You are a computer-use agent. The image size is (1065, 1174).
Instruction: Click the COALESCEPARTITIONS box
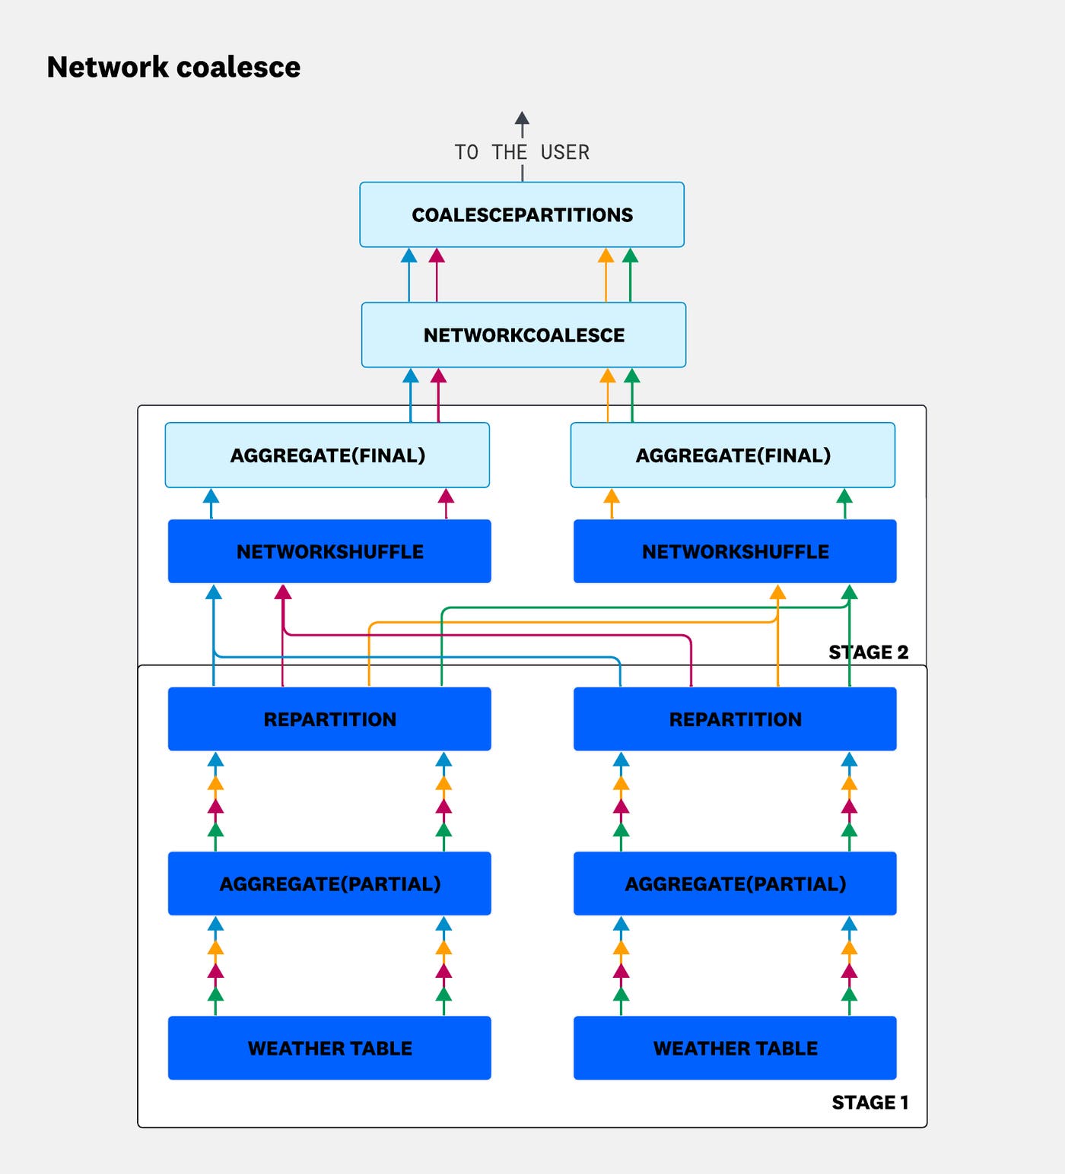tap(522, 214)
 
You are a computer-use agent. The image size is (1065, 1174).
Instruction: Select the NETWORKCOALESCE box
tap(523, 335)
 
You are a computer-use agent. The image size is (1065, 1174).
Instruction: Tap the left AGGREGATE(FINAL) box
tap(327, 455)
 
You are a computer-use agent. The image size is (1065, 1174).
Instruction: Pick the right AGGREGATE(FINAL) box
tap(733, 455)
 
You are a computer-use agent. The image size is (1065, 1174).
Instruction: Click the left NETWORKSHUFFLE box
tap(329, 551)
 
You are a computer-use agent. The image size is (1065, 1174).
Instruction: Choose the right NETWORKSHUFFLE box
tap(735, 551)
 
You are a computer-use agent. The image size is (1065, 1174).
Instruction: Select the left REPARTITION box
tap(329, 719)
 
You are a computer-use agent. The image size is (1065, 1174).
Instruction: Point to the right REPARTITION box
tap(735, 719)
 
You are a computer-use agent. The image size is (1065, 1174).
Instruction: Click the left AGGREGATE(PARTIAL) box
tap(329, 883)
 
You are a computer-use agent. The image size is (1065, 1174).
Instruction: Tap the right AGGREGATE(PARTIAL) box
tap(735, 883)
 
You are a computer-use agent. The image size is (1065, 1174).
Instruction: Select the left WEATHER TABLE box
tap(329, 1048)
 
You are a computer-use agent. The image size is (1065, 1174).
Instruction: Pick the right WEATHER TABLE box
tap(735, 1048)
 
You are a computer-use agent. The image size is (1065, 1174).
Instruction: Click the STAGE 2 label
tap(868, 652)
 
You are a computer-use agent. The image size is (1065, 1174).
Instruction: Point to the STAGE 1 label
tap(870, 1102)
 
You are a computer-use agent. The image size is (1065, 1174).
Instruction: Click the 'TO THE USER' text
tap(522, 152)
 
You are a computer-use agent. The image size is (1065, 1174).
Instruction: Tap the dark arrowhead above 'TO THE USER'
tap(522, 119)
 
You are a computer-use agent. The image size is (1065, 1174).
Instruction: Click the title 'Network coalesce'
tap(173, 67)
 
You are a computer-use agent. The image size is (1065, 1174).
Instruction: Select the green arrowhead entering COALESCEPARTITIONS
tap(630, 255)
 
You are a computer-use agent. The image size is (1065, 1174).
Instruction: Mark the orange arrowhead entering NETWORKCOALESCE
tap(607, 376)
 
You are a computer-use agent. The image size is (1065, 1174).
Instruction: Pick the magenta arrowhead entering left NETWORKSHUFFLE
tap(283, 592)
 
